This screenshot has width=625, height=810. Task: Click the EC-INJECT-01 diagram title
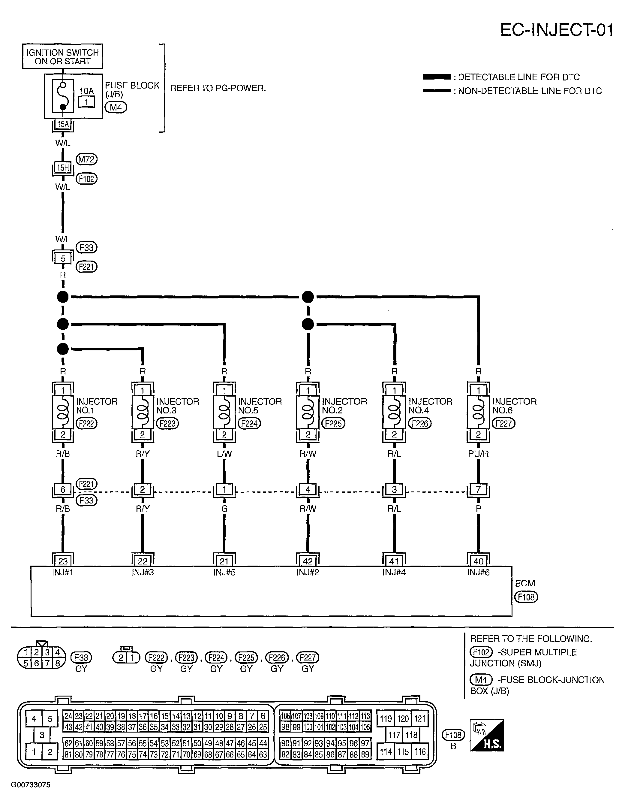(x=557, y=30)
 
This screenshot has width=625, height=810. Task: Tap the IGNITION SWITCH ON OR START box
(x=62, y=56)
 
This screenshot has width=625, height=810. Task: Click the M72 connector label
(x=86, y=159)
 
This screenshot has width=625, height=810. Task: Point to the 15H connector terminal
(x=63, y=168)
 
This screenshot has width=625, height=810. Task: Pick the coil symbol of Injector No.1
(x=63, y=412)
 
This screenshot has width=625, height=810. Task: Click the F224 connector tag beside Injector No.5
(x=249, y=423)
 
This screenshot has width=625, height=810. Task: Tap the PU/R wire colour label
(x=478, y=454)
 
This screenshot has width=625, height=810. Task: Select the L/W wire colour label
(x=224, y=454)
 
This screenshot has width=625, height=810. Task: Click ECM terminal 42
(x=308, y=561)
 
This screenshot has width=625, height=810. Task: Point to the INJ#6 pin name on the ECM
(x=478, y=573)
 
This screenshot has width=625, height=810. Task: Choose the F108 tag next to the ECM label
(x=526, y=597)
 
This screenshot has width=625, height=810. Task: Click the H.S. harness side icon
(x=487, y=736)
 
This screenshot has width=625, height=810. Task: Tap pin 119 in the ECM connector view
(x=386, y=719)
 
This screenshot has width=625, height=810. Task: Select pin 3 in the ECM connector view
(x=42, y=735)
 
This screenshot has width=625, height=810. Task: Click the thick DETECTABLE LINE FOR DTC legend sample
(x=437, y=77)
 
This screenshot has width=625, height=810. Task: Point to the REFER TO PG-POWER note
(x=218, y=88)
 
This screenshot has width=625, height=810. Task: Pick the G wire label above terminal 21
(x=224, y=509)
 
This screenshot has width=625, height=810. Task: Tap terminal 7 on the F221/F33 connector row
(x=478, y=490)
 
